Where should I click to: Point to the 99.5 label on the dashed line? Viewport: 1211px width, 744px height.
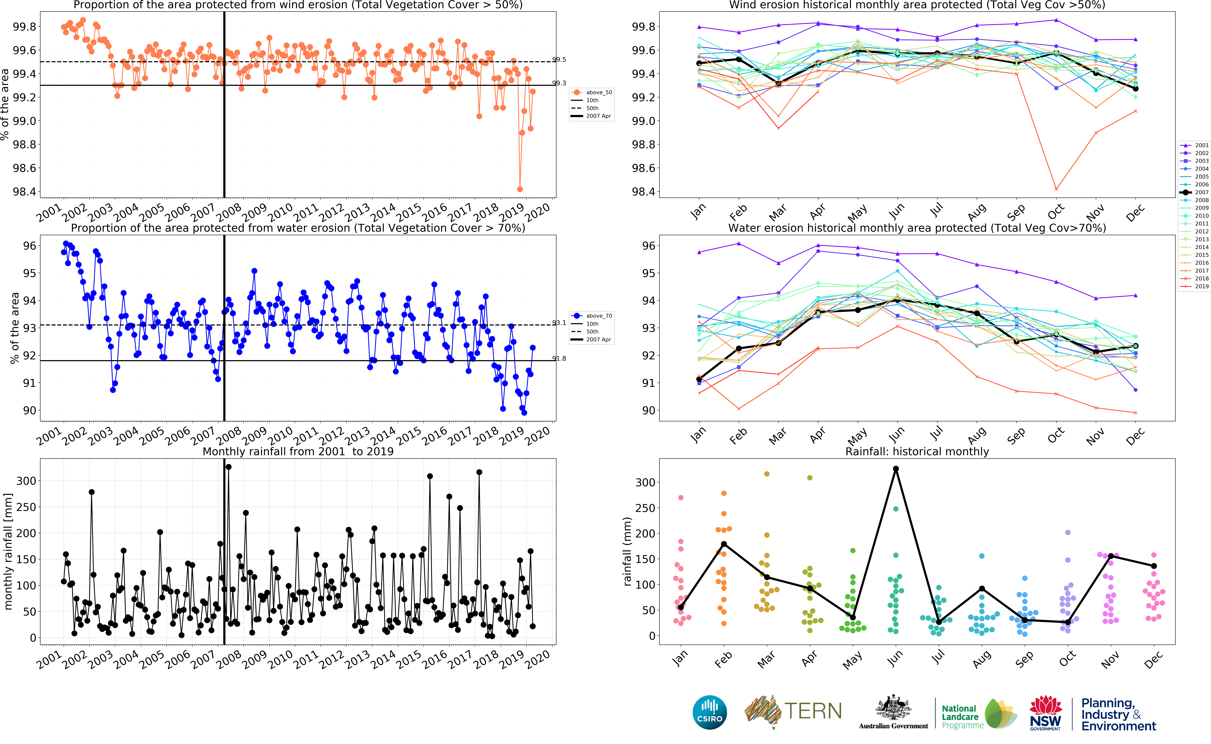pyautogui.click(x=559, y=60)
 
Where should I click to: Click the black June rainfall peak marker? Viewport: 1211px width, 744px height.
pyautogui.click(x=896, y=469)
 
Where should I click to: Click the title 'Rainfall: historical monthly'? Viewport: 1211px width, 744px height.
pyautogui.click(x=917, y=451)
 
